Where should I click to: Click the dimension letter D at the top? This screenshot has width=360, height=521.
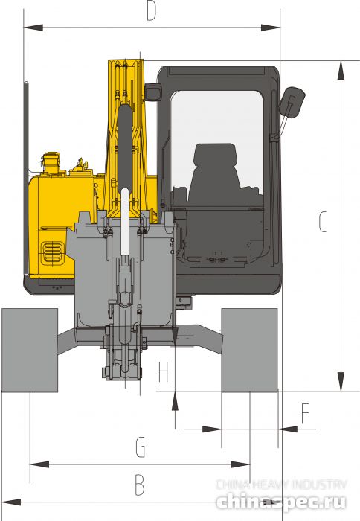[151, 13]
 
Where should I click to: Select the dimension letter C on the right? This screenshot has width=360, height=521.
[322, 222]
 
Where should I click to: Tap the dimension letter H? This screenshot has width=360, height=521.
[164, 371]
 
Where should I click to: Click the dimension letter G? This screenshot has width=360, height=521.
[140, 447]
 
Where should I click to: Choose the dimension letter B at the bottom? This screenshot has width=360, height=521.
[139, 485]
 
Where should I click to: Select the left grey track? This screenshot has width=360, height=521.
[30, 350]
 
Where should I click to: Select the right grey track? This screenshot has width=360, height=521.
[249, 350]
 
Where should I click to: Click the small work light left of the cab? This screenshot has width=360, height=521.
[153, 93]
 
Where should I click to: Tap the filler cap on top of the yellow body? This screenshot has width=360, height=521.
[51, 159]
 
